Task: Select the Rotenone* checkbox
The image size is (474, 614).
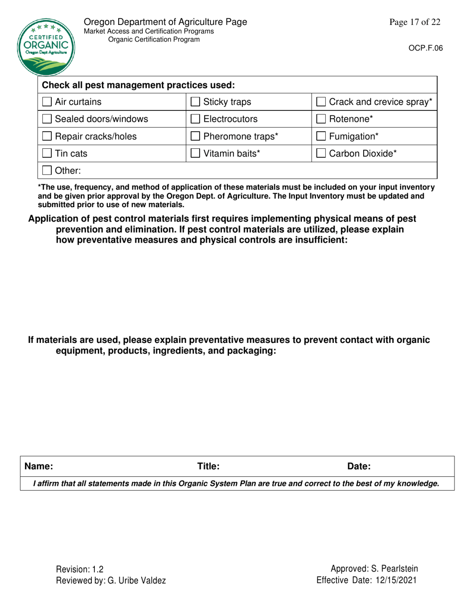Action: coord(322,120)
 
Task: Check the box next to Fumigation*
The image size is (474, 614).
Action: coord(322,136)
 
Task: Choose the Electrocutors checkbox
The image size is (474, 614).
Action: coord(196,120)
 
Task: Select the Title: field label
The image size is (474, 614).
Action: coord(208,467)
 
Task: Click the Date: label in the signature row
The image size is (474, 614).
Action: coord(358,467)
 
